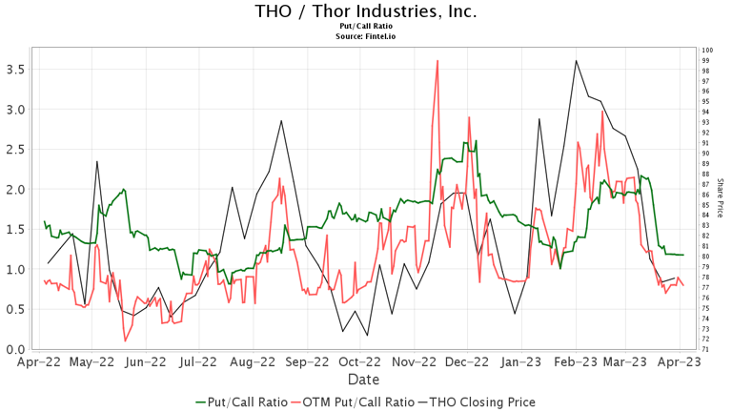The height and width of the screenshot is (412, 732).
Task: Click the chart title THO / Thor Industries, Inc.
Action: tap(366, 12)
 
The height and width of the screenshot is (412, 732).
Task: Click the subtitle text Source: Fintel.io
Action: tap(366, 36)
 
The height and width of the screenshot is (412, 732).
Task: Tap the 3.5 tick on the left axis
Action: tap(15, 69)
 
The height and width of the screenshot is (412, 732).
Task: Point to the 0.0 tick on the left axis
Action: tap(15, 349)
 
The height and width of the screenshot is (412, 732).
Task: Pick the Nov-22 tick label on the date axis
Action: tap(417, 362)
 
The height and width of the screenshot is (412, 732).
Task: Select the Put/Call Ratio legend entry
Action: tap(240, 402)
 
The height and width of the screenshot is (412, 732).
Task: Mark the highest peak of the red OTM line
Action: tap(437, 61)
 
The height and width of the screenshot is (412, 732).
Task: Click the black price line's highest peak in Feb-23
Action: tap(577, 61)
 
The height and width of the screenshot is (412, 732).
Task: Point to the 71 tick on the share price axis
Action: tap(703, 349)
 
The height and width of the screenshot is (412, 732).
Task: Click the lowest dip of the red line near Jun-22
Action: tap(125, 340)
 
